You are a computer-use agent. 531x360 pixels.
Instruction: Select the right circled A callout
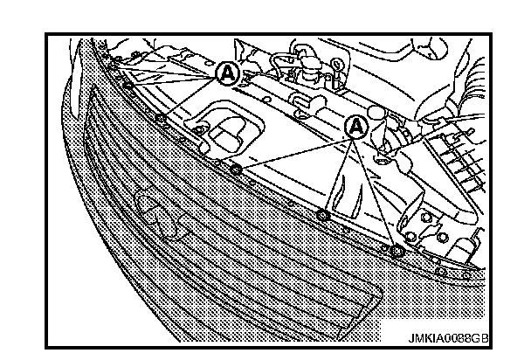356,126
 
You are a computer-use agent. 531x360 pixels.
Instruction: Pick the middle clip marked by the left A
128,85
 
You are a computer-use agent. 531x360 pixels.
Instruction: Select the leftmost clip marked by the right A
236,169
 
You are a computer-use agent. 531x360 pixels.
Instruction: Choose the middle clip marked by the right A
323,215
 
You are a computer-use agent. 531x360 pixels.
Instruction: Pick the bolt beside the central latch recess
200,130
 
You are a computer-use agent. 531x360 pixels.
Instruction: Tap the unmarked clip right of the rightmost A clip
444,270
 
